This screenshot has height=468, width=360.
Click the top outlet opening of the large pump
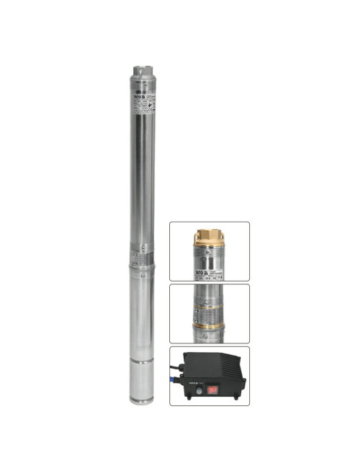click(x=142, y=71)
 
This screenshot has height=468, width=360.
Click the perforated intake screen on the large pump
click(x=142, y=256)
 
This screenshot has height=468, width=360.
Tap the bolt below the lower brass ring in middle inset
click(x=209, y=335)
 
